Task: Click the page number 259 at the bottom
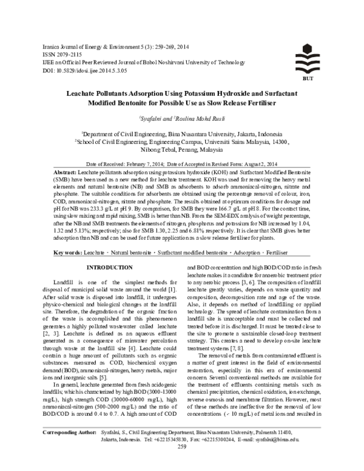tap(181, 463)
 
